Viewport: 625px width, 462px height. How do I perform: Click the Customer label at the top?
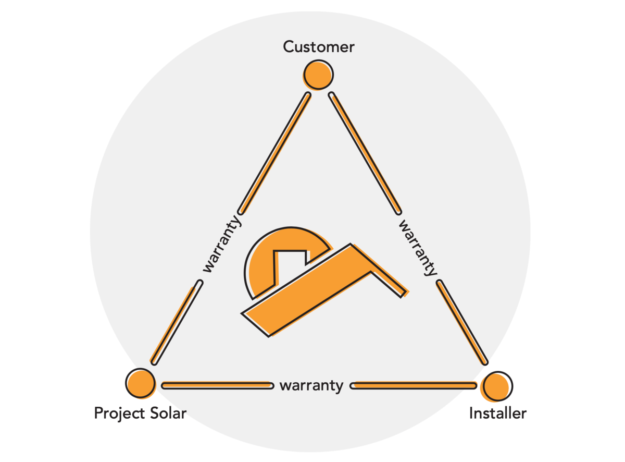[318, 47]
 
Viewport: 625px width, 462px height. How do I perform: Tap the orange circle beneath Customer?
[318, 75]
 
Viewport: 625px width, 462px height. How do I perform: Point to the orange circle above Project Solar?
[141, 383]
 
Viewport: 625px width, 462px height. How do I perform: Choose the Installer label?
[497, 414]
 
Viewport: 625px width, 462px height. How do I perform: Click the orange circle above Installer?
[497, 386]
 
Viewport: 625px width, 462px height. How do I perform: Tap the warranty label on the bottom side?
[311, 386]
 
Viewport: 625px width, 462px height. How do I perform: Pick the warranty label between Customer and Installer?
[418, 247]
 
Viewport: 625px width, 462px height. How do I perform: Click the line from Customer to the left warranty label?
[274, 153]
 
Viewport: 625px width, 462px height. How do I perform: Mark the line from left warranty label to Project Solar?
[176, 323]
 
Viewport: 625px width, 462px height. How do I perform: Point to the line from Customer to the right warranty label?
[365, 153]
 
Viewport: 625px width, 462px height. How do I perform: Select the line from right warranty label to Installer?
[463, 323]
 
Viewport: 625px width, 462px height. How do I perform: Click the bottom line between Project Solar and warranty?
[217, 386]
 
